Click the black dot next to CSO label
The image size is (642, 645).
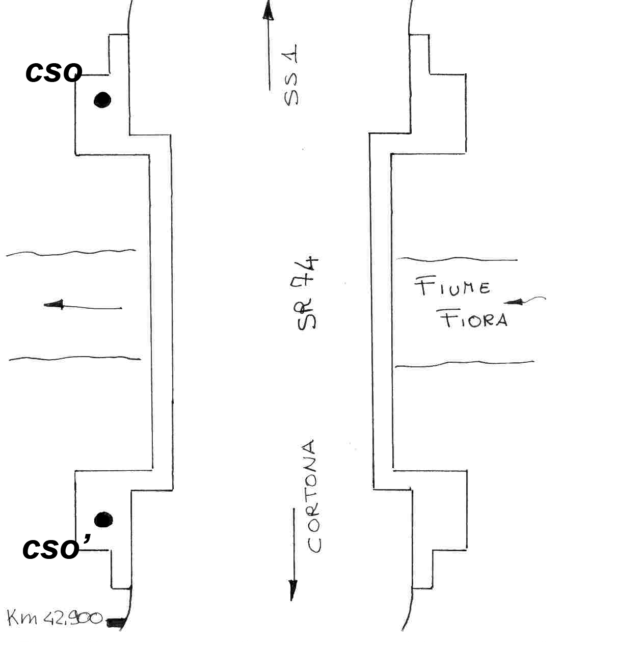click(x=102, y=100)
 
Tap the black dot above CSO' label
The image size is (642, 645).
click(x=103, y=520)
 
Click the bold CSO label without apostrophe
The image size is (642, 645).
click(x=53, y=73)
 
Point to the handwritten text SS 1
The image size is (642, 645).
click(x=291, y=75)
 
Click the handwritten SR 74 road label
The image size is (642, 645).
click(x=307, y=293)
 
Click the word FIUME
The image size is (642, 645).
click(x=452, y=287)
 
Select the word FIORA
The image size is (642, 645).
click(x=474, y=320)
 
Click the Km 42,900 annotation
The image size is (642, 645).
click(x=55, y=619)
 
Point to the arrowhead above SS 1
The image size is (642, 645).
click(x=268, y=11)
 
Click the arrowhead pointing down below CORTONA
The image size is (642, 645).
click(x=292, y=590)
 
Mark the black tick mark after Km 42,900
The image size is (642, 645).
click(x=116, y=621)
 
